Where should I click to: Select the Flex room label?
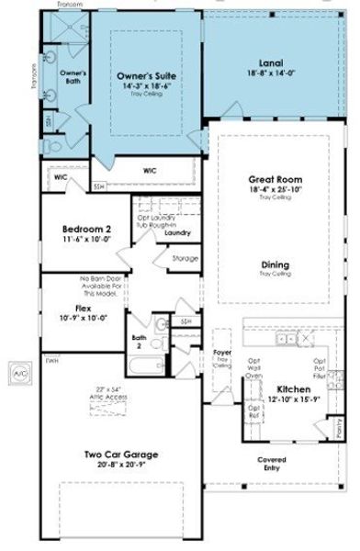(83, 309)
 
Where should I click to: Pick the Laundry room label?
(178, 233)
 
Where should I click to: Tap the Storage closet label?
(185, 258)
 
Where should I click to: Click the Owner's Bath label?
(73, 76)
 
